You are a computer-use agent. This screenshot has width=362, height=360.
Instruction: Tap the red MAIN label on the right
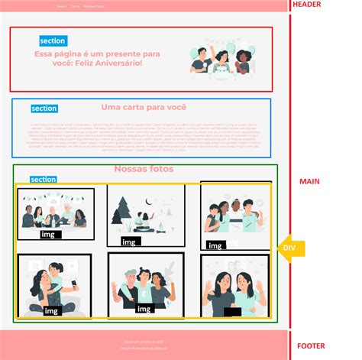309,181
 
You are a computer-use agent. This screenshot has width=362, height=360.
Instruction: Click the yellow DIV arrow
290,248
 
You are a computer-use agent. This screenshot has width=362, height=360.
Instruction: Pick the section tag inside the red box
53,41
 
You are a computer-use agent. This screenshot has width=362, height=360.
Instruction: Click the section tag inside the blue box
44,109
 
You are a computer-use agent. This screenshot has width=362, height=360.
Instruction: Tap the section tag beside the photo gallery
43,180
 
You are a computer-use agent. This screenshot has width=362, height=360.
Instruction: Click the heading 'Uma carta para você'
144,108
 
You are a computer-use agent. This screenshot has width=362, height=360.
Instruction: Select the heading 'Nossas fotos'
144,169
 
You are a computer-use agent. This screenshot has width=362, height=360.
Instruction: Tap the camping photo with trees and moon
145,214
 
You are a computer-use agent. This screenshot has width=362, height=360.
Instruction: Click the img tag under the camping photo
129,242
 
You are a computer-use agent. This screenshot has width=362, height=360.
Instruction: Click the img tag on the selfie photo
51,310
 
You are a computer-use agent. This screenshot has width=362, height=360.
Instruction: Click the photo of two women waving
234,287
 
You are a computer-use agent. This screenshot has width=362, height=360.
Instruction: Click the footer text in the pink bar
143,344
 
